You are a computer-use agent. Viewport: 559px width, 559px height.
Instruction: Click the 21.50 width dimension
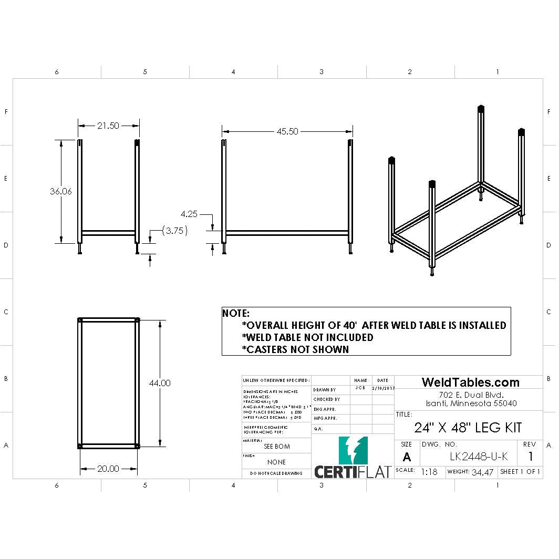pos(108,126)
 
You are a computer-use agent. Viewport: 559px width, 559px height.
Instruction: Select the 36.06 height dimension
pos(61,192)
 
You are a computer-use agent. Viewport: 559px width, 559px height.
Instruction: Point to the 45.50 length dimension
pos(287,131)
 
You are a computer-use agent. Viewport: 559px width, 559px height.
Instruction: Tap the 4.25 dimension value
pos(189,214)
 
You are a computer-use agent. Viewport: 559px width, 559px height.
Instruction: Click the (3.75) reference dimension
pos(174,231)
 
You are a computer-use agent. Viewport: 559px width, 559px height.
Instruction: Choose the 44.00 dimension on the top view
pos(160,384)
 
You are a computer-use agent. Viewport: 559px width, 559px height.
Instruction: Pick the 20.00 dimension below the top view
pos(108,469)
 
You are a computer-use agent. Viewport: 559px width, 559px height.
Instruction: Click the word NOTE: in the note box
pos(236,313)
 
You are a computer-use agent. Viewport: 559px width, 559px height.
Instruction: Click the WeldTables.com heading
pos(471,382)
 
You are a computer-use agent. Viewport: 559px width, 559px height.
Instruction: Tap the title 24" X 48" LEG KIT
pos(468,428)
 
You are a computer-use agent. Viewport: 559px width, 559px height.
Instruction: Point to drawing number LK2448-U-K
pos(479,457)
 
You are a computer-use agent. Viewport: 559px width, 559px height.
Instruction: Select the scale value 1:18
pos(429,472)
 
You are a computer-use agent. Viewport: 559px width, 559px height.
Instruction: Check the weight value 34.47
pos(482,472)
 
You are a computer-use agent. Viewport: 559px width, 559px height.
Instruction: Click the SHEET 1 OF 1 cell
pos(520,471)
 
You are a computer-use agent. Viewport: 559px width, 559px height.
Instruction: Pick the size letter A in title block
pos(407,457)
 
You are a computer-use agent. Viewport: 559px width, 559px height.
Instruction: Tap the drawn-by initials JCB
pos(360,388)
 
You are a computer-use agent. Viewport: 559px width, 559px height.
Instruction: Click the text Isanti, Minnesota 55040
pos(471,403)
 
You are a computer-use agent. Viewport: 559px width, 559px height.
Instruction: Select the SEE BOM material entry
pos(276,447)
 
